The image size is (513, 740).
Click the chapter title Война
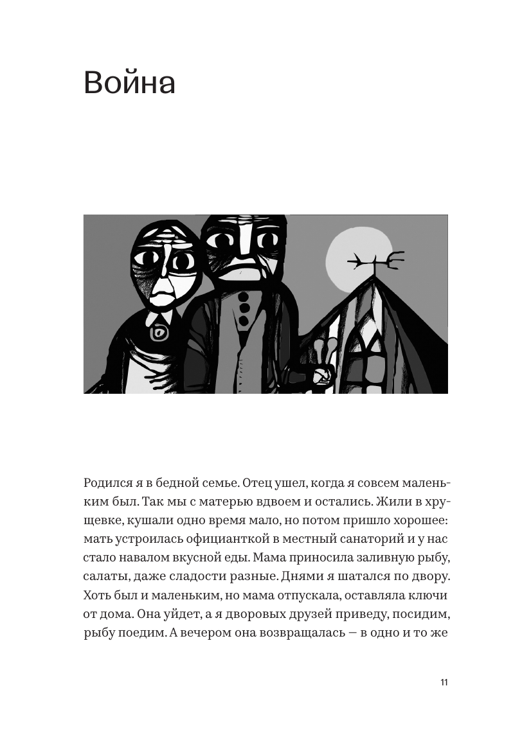(x=129, y=84)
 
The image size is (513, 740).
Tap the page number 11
(x=444, y=682)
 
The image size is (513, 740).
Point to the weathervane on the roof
(x=376, y=262)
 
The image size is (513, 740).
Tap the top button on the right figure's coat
(x=244, y=297)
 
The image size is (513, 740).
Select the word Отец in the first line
(x=248, y=483)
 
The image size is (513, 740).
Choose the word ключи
(x=427, y=595)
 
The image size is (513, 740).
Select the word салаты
(x=105, y=576)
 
